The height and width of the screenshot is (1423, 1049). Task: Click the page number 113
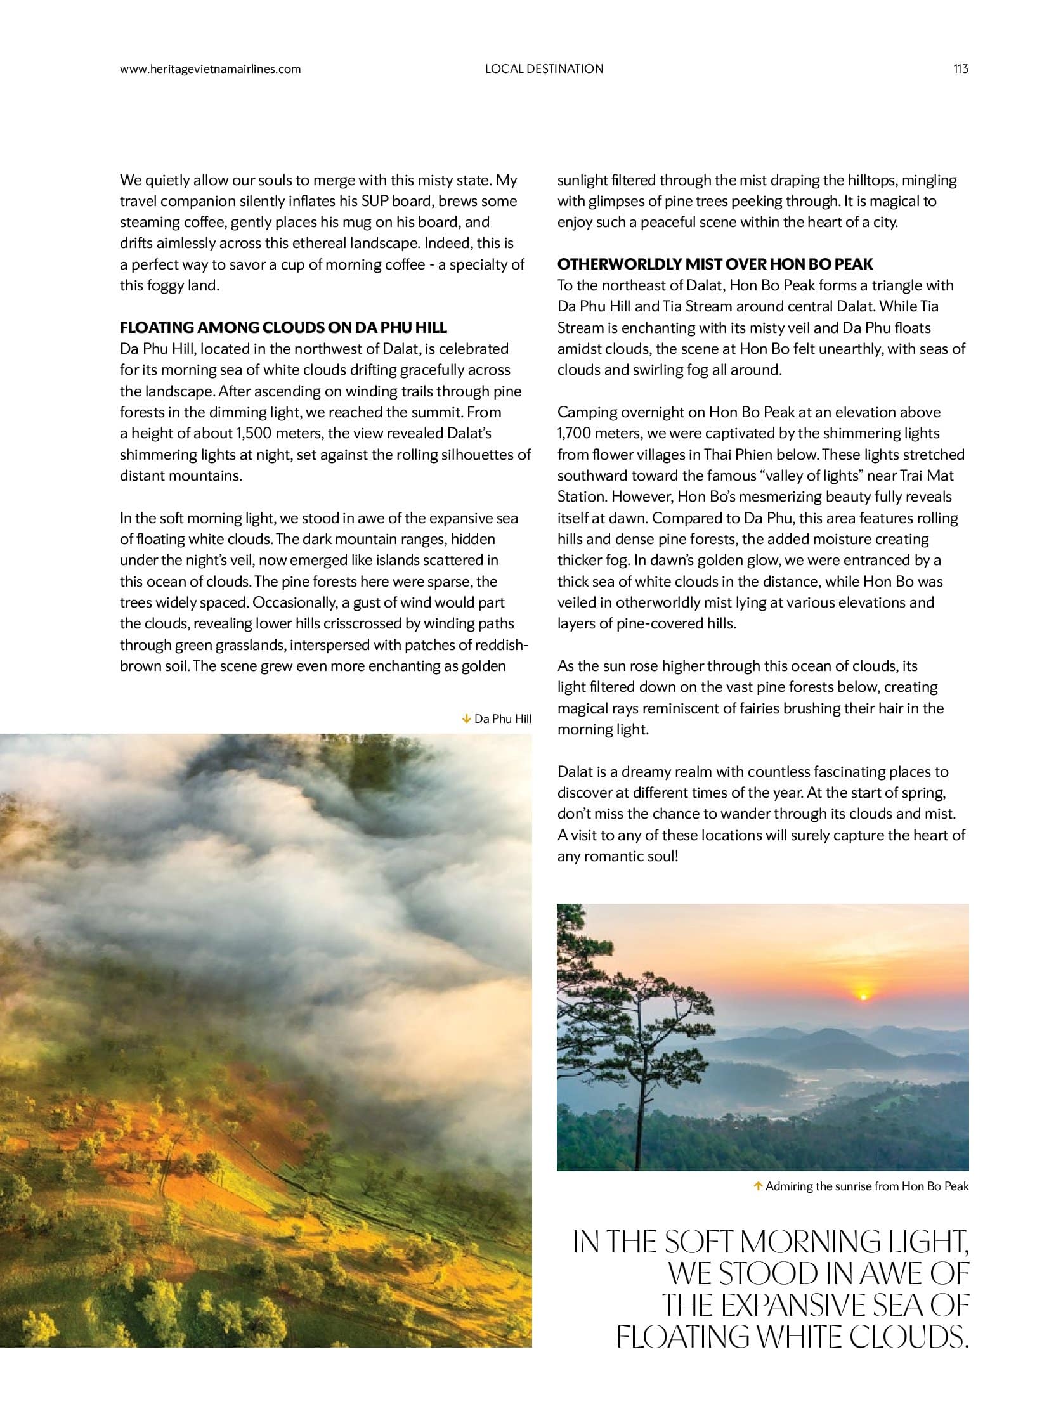click(961, 68)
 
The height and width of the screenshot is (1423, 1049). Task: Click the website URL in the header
click(210, 69)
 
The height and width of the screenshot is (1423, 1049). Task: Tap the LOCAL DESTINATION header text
click(544, 68)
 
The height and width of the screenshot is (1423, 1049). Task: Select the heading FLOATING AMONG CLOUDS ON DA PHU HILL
click(283, 328)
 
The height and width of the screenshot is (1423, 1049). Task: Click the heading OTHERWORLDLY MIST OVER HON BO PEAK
click(715, 264)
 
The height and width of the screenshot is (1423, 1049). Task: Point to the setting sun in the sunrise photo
click(862, 996)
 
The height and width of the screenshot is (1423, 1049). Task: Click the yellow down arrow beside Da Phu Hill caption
click(466, 719)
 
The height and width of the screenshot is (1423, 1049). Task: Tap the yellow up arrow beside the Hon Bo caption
click(757, 1185)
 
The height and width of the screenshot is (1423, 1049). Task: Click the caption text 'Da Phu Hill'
click(502, 719)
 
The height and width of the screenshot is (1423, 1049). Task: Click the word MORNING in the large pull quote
click(823, 1242)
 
